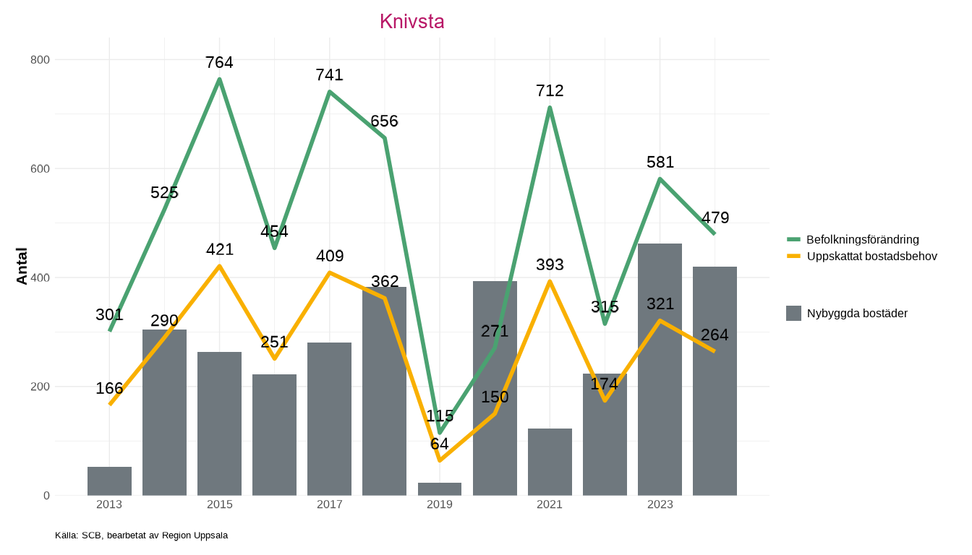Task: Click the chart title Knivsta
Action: tap(412, 22)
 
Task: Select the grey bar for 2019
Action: tap(440, 489)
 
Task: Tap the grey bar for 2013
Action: tap(109, 481)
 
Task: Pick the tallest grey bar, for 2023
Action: tap(660, 369)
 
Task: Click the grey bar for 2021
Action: tap(550, 462)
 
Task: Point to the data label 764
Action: tap(219, 62)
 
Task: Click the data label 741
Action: tap(329, 74)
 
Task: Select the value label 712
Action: tap(550, 90)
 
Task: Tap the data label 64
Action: tap(440, 444)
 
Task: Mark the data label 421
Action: tap(220, 249)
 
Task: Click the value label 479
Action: tap(715, 218)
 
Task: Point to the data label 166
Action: tap(109, 388)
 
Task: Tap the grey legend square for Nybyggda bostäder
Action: tap(793, 313)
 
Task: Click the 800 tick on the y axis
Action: tap(40, 59)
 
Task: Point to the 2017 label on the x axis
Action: tap(329, 504)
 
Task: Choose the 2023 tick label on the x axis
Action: tap(660, 504)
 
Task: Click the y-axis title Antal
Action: tap(22, 266)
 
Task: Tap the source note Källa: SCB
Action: tap(141, 535)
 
